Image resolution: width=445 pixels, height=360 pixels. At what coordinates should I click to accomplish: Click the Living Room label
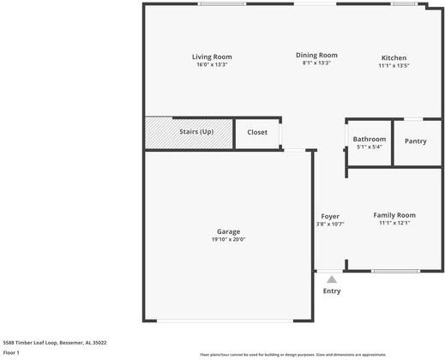click(212, 57)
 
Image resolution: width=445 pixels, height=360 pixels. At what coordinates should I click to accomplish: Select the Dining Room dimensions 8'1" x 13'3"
click(316, 63)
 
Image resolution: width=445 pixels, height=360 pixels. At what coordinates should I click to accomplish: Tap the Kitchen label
click(394, 57)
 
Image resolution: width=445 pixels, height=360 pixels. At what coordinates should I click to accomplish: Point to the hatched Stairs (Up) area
click(189, 132)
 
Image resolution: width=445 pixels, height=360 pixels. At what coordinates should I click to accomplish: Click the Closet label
click(257, 132)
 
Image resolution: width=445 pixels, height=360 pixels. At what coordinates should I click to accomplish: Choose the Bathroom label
click(370, 139)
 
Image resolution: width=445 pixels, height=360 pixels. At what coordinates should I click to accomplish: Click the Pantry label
click(416, 141)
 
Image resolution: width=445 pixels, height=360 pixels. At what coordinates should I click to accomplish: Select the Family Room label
click(394, 215)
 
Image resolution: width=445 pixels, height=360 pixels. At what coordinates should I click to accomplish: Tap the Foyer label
click(330, 216)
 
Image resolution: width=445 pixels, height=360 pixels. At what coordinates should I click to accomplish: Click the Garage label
click(228, 231)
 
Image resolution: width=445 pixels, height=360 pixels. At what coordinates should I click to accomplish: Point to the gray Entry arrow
click(332, 279)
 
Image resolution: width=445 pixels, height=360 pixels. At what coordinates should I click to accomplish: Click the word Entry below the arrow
click(332, 291)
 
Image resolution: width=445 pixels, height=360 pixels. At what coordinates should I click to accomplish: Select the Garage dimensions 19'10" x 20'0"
click(228, 240)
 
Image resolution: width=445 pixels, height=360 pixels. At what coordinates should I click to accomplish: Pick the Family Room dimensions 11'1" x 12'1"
click(394, 223)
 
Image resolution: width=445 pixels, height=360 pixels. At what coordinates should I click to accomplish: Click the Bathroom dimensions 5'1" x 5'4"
click(370, 147)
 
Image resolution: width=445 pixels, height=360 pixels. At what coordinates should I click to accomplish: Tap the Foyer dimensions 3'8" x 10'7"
click(330, 224)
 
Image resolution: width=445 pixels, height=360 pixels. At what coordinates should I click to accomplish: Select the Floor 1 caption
click(11, 352)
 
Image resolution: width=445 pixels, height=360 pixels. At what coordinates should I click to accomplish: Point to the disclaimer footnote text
click(292, 354)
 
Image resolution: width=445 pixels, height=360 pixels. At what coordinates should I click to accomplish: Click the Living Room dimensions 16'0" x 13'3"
click(212, 64)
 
